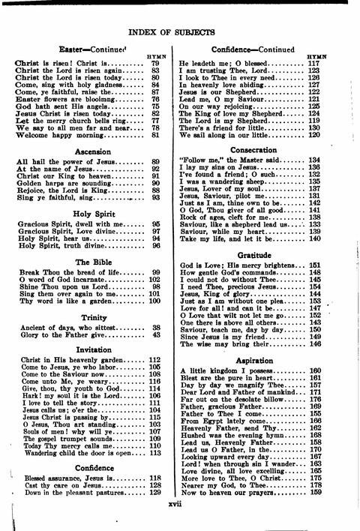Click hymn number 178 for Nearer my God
(315, 485)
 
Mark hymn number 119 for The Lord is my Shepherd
(315, 120)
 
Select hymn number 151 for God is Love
(315, 265)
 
